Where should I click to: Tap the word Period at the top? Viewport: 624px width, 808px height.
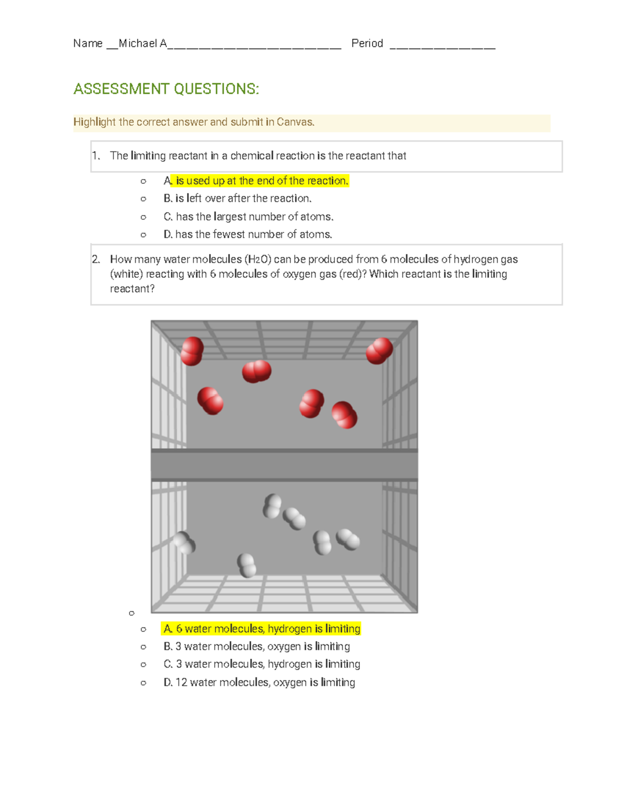pos(367,44)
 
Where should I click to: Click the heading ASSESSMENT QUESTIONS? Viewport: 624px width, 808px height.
pos(166,89)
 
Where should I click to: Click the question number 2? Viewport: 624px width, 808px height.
pos(96,259)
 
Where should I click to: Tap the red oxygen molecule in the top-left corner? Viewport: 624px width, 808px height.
pos(192,351)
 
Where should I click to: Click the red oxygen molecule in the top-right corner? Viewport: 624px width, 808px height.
pos(379,351)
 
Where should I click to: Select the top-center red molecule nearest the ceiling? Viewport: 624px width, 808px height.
pos(256,371)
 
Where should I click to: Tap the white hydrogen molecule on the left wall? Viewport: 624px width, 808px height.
pos(184,543)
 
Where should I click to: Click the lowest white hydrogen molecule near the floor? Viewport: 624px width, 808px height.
pos(246,566)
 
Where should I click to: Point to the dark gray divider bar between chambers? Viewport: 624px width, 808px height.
pos(284,465)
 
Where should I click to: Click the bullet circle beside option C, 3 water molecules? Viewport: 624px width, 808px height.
pos(144,665)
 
